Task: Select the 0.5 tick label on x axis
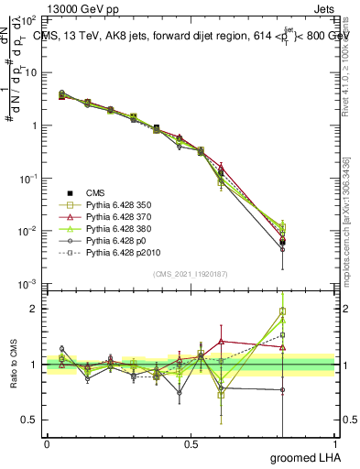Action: (191, 444)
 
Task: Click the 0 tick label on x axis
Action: (48, 444)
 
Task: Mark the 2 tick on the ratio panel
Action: (36, 309)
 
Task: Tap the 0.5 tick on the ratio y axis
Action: (31, 420)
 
